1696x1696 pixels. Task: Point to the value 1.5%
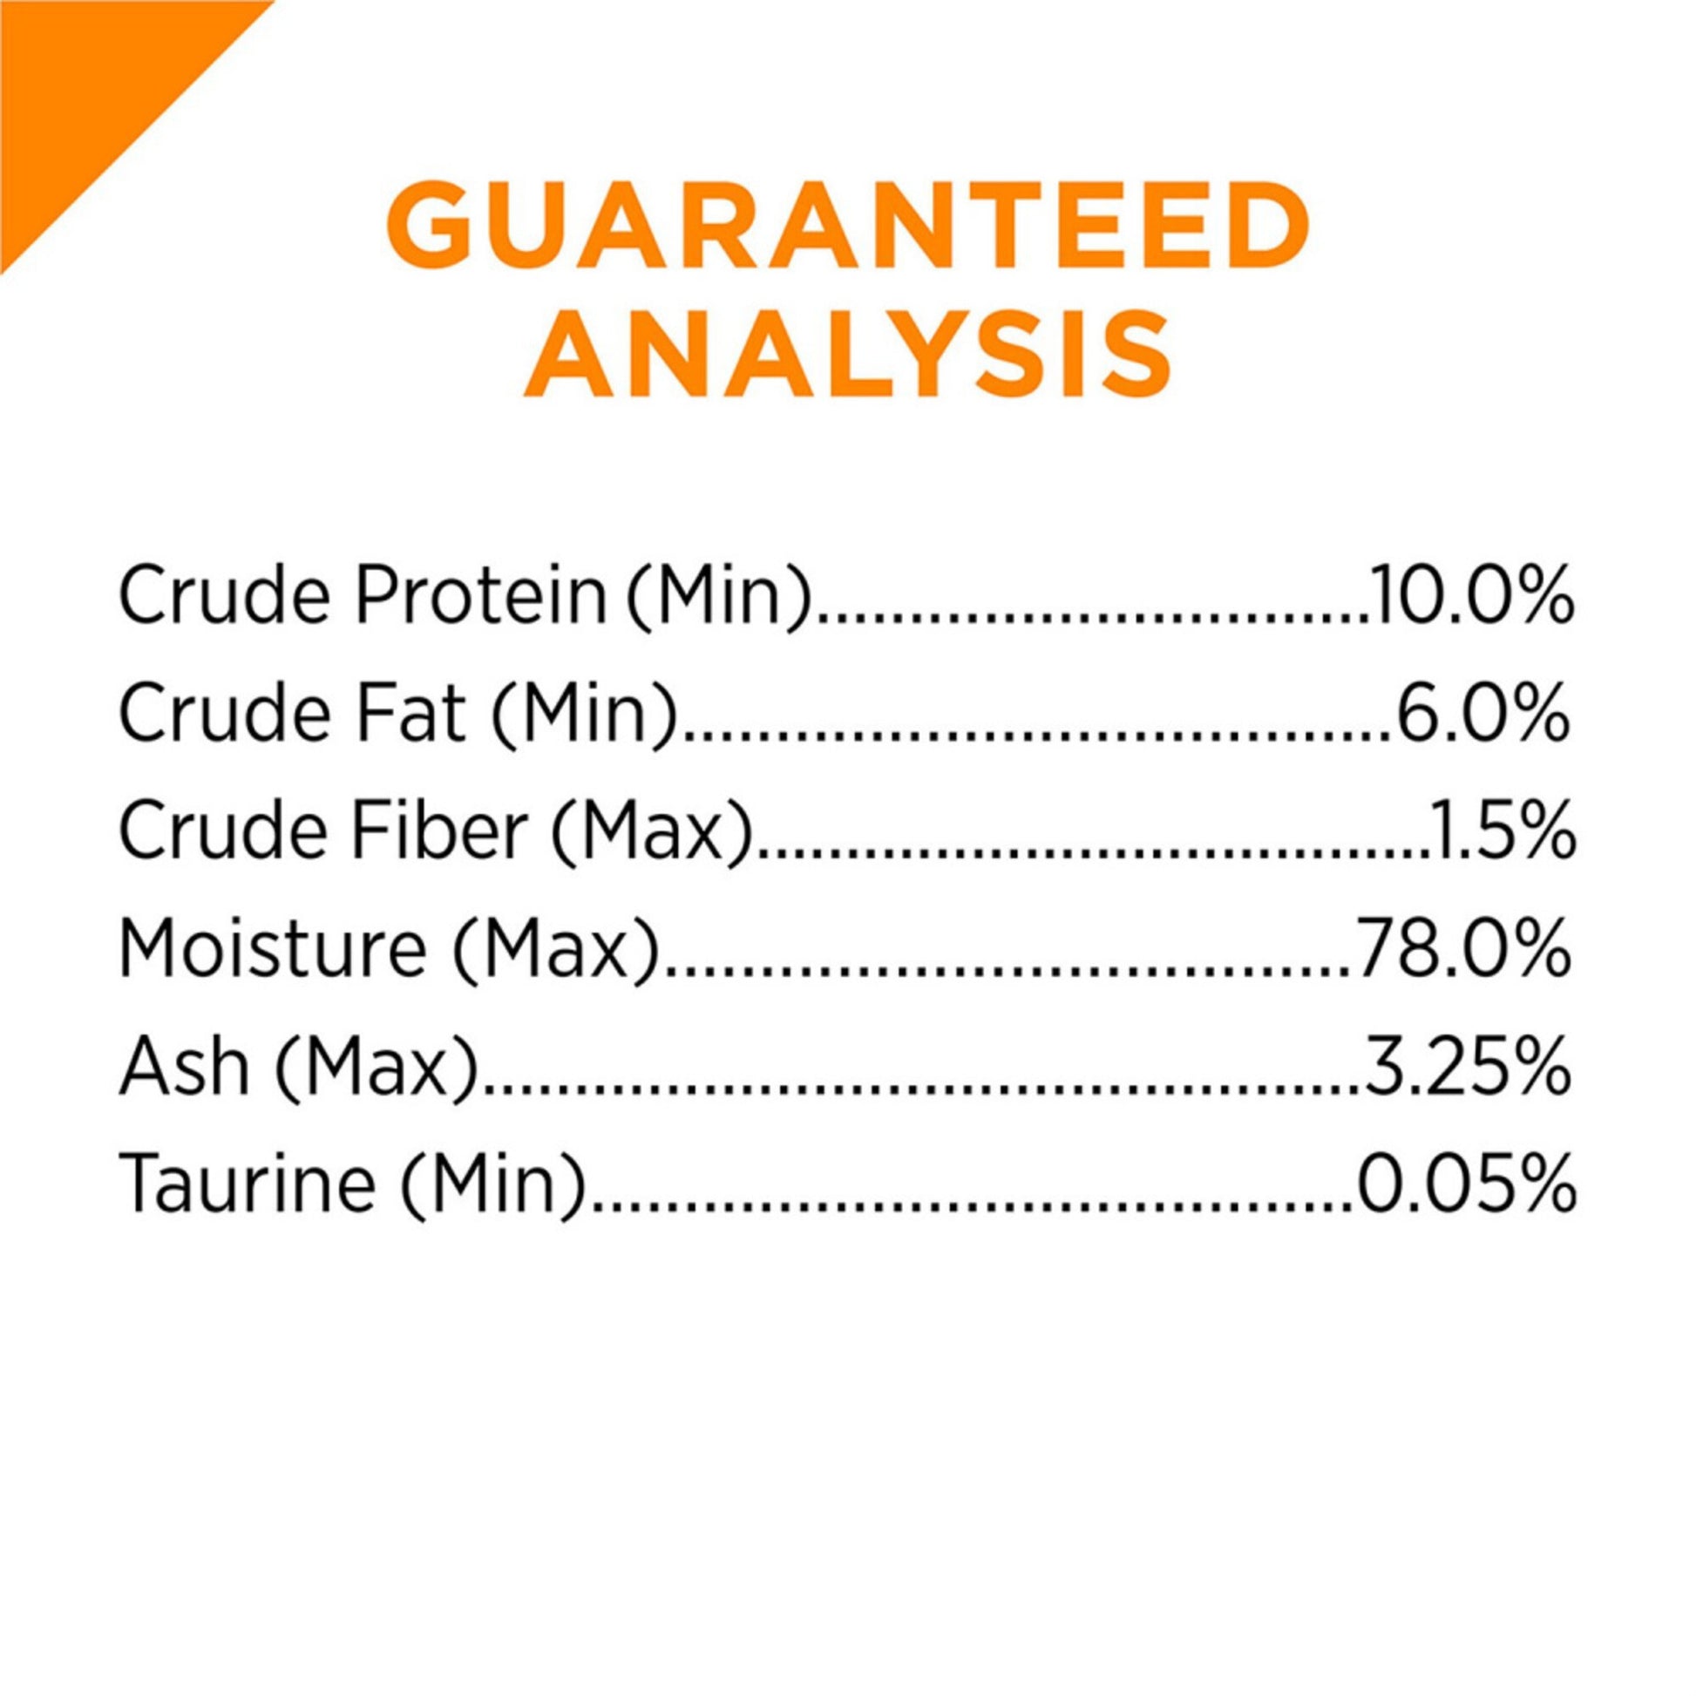(x=1501, y=832)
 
